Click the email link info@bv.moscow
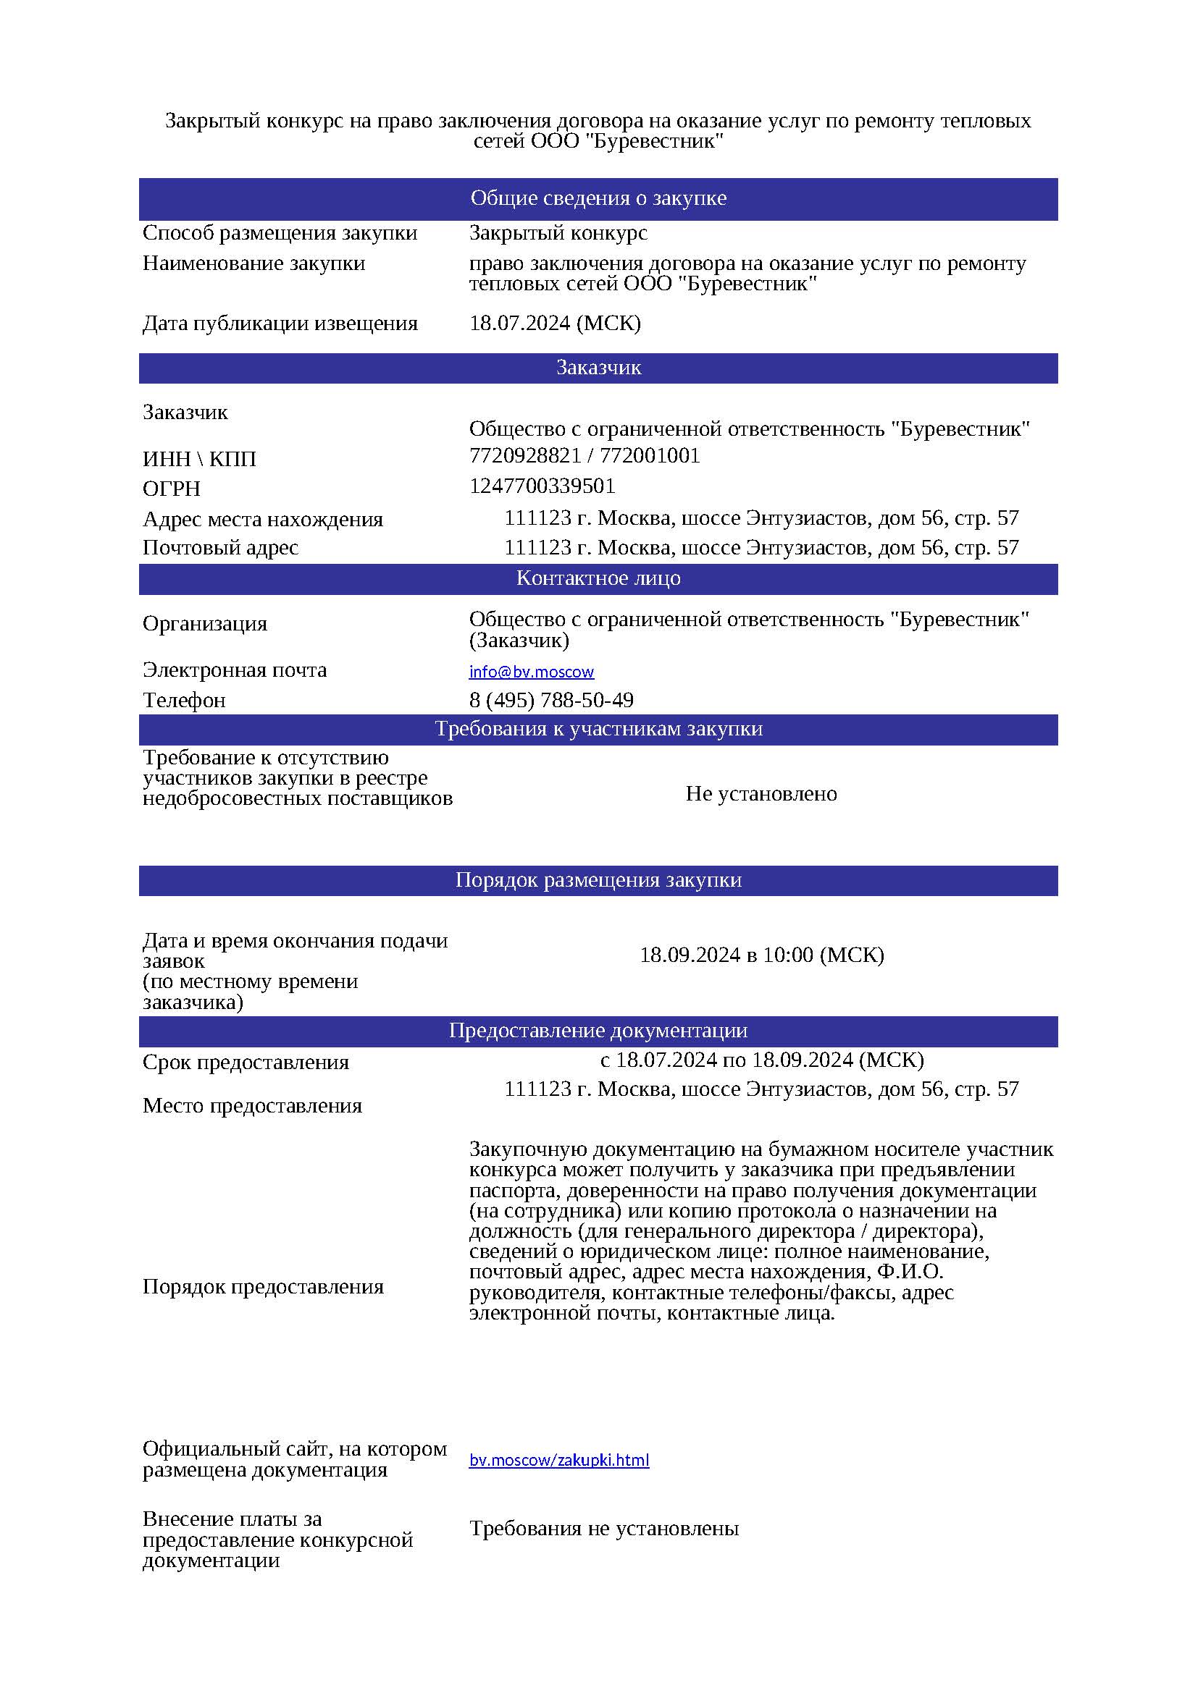click(531, 672)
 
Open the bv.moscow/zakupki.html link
click(559, 1460)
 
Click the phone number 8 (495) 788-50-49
click(551, 700)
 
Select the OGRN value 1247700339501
click(543, 486)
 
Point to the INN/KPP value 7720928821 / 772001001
click(585, 456)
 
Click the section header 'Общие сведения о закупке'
click(598, 198)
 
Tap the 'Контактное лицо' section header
click(598, 578)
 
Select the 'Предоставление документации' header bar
click(598, 1031)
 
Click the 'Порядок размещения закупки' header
click(598, 880)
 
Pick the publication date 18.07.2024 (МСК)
click(555, 323)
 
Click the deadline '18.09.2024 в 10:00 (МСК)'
click(761, 955)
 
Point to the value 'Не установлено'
click(761, 794)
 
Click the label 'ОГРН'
click(171, 489)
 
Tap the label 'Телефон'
click(184, 700)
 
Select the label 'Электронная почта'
click(235, 670)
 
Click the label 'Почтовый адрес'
click(221, 548)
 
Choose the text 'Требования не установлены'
click(604, 1529)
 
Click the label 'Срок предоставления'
click(246, 1063)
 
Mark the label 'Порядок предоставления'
click(264, 1287)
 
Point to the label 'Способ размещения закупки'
click(280, 233)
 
